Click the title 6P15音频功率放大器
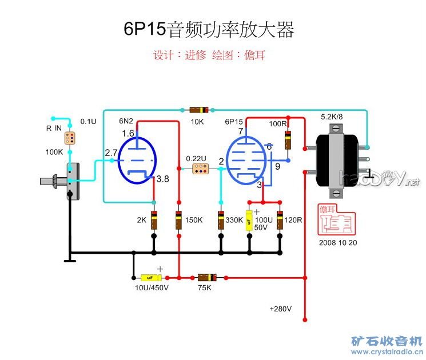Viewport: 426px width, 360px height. (x=209, y=30)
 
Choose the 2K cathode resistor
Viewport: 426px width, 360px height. (x=154, y=220)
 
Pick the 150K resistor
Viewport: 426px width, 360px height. (x=178, y=220)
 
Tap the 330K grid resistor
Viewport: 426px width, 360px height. (x=221, y=220)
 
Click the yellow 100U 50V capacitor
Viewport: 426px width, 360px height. (x=249, y=220)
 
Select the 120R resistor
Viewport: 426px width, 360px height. (x=280, y=220)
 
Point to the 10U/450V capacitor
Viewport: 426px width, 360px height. (x=150, y=278)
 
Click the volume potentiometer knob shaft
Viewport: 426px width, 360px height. (x=50, y=182)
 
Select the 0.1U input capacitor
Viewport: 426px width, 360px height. (x=70, y=138)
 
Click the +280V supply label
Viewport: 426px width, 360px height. (x=281, y=309)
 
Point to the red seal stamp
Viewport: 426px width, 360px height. (x=337, y=220)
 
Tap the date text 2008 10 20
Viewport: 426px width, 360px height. (x=338, y=242)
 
